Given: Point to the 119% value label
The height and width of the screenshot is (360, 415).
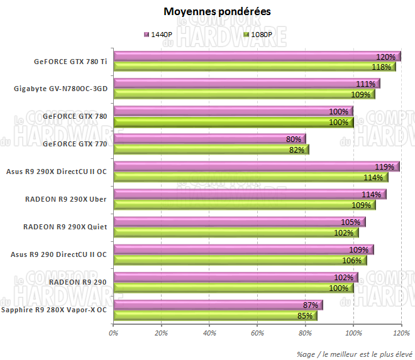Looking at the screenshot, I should (385, 167).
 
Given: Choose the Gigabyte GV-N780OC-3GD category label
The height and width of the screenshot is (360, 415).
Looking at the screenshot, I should (60, 89).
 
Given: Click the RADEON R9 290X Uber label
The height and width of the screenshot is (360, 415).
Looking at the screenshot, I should (65, 199).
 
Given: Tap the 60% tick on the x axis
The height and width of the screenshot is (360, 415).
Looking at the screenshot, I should (257, 334).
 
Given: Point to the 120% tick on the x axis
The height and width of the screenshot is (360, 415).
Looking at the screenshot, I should (401, 334).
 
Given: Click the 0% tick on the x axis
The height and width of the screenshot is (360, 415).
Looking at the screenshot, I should (114, 334).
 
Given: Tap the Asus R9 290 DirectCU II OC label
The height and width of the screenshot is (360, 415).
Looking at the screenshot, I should (59, 254).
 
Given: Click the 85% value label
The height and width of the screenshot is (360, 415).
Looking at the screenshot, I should (305, 315).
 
